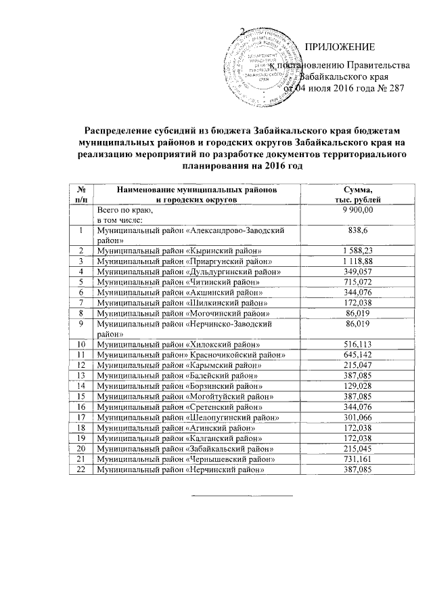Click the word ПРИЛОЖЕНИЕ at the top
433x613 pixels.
coord(340,47)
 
